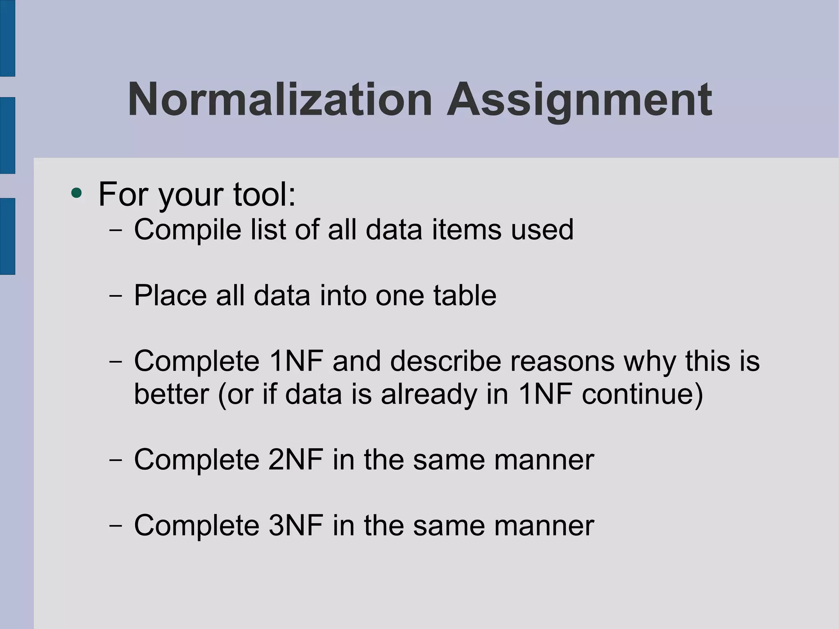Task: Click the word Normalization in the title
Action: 280,100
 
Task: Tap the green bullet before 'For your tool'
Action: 76,193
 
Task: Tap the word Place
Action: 170,295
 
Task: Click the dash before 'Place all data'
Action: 116,295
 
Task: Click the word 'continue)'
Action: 642,394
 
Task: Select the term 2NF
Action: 295,460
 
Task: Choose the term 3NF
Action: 295,525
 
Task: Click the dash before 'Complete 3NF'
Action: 116,525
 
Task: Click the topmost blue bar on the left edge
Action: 7,38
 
